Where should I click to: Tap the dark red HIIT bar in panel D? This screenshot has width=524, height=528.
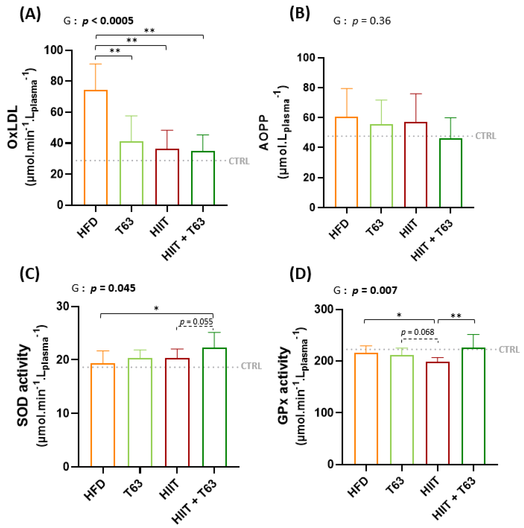438,413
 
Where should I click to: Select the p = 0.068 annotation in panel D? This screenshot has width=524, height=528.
417,332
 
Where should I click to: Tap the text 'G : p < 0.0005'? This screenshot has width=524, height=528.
98,21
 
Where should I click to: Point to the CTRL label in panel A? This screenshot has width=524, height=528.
239,161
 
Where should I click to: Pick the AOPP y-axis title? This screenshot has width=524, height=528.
264,133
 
